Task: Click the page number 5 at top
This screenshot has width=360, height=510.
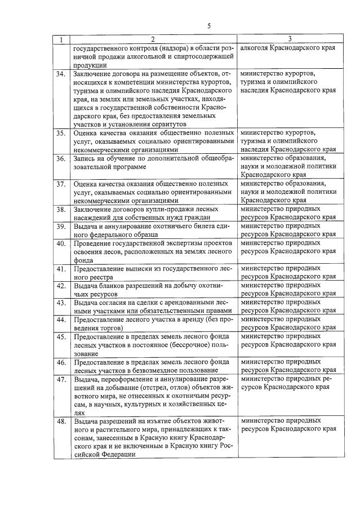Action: [x=208, y=26]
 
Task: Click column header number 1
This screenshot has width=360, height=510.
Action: [x=61, y=39]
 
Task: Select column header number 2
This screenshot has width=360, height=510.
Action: [x=152, y=39]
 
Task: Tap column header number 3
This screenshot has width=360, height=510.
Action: [x=290, y=39]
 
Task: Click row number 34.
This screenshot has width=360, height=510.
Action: [x=61, y=74]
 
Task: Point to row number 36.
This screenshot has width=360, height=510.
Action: [x=61, y=159]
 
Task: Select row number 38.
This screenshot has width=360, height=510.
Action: [x=61, y=210]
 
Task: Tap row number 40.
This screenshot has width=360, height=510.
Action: [x=61, y=243]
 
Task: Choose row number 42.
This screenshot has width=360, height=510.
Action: [x=61, y=286]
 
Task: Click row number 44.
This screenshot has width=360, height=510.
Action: [x=61, y=320]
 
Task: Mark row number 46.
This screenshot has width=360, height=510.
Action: [x=61, y=362]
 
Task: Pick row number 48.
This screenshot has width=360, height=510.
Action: [x=61, y=421]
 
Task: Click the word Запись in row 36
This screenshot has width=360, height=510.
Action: [x=85, y=159]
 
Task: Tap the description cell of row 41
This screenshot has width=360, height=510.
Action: [x=152, y=273]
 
